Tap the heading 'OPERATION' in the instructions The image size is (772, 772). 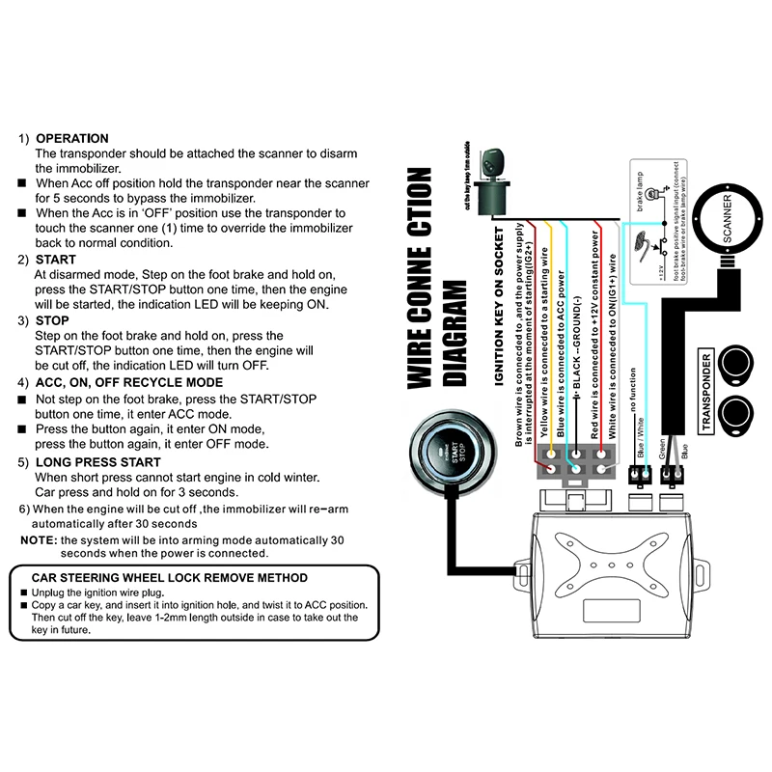[71, 138]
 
